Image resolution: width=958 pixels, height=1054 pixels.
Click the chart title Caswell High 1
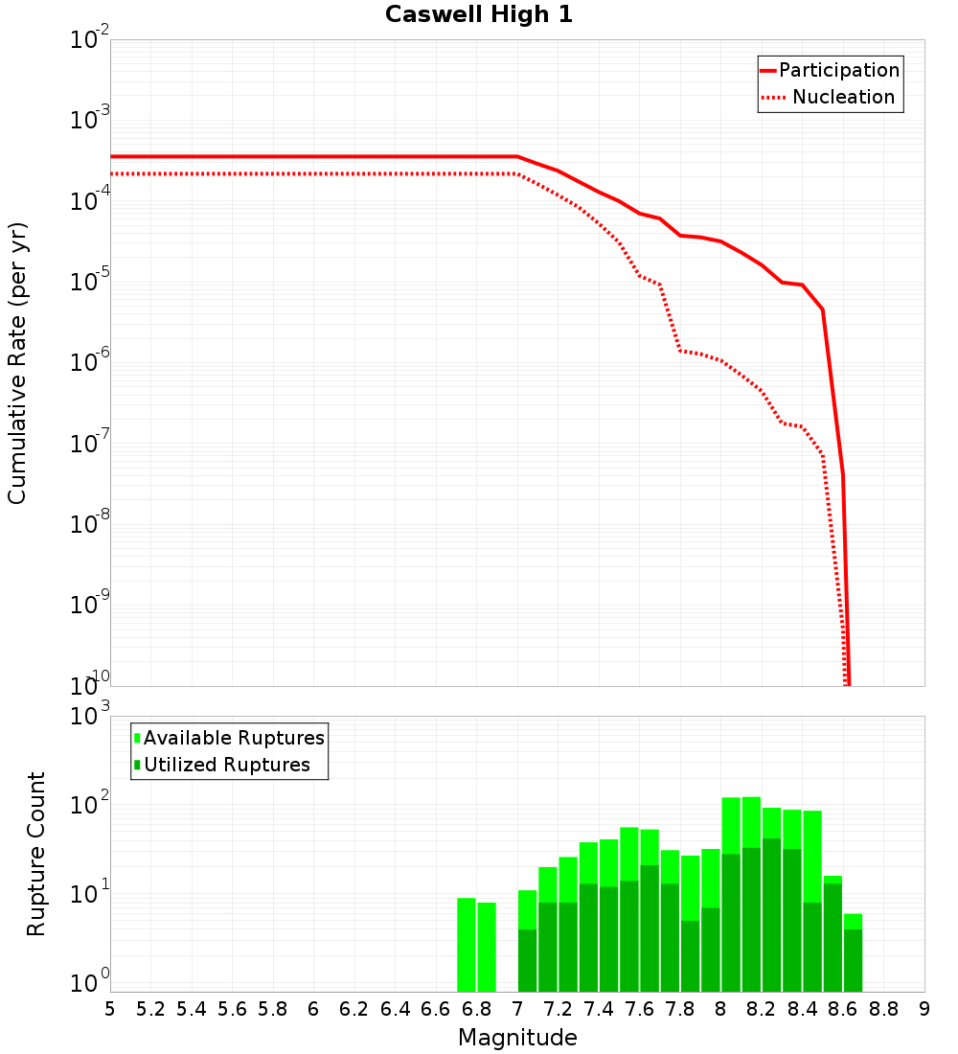pyautogui.click(x=479, y=15)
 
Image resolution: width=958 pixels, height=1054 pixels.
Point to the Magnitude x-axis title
pyautogui.click(x=517, y=1038)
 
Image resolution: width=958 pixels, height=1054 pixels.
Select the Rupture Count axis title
pyautogui.click(x=36, y=854)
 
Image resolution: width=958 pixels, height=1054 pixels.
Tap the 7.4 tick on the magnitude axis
pyautogui.click(x=599, y=1009)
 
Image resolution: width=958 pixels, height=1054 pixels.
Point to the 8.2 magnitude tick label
pyautogui.click(x=762, y=1009)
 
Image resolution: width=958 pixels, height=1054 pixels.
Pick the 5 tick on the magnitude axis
pyautogui.click(x=110, y=1009)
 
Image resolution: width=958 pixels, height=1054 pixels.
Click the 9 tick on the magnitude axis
pyautogui.click(x=924, y=1009)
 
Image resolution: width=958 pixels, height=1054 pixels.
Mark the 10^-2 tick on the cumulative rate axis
pyautogui.click(x=90, y=40)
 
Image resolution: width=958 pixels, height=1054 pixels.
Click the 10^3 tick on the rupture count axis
pyautogui.click(x=90, y=717)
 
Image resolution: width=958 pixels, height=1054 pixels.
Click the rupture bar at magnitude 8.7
pyautogui.click(x=853, y=953)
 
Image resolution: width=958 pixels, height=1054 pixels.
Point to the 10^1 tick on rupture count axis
pyautogui.click(x=90, y=895)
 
